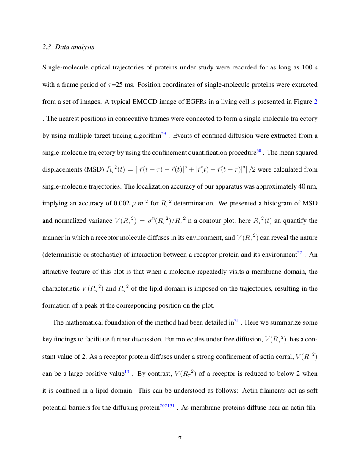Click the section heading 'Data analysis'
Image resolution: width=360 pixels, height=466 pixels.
tap(75, 47)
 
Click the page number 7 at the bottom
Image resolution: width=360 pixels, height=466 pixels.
tap(180, 438)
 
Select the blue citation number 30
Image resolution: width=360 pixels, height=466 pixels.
tap(259, 150)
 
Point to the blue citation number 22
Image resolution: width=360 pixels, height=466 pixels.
tap(299, 253)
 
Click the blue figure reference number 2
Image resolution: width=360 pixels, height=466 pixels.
tap(314, 102)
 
